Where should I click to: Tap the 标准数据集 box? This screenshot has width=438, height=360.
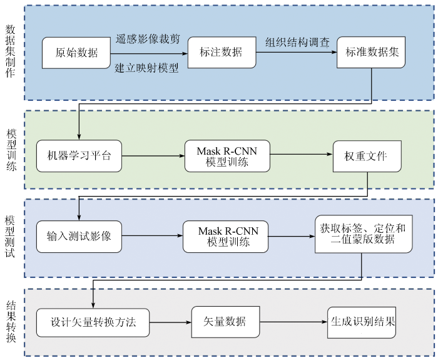click(x=372, y=53)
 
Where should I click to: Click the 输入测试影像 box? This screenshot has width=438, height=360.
click(x=79, y=237)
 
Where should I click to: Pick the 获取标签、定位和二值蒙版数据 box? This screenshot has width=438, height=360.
click(x=363, y=234)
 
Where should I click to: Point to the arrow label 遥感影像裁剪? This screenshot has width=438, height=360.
click(x=148, y=39)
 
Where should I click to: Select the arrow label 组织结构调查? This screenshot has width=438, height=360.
click(x=297, y=43)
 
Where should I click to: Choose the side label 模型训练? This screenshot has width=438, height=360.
click(x=11, y=150)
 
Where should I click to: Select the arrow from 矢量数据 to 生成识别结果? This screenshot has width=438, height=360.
click(x=293, y=322)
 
